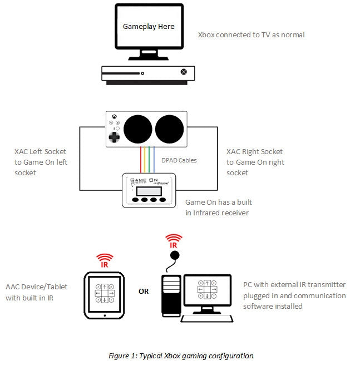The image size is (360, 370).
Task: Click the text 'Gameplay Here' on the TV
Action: tap(149, 26)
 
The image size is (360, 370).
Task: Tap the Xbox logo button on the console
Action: tap(183, 72)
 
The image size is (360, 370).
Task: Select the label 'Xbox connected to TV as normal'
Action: tap(251, 35)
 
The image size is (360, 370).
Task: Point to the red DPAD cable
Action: tap(141, 161)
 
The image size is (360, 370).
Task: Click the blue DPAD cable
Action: tap(154, 161)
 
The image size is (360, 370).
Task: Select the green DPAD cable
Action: tap(150, 161)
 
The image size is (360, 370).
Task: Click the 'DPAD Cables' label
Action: tap(178, 160)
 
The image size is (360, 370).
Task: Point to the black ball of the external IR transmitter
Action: tap(175, 255)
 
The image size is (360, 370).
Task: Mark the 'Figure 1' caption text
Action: tap(181, 356)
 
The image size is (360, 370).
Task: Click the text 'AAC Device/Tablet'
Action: tap(36, 287)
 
